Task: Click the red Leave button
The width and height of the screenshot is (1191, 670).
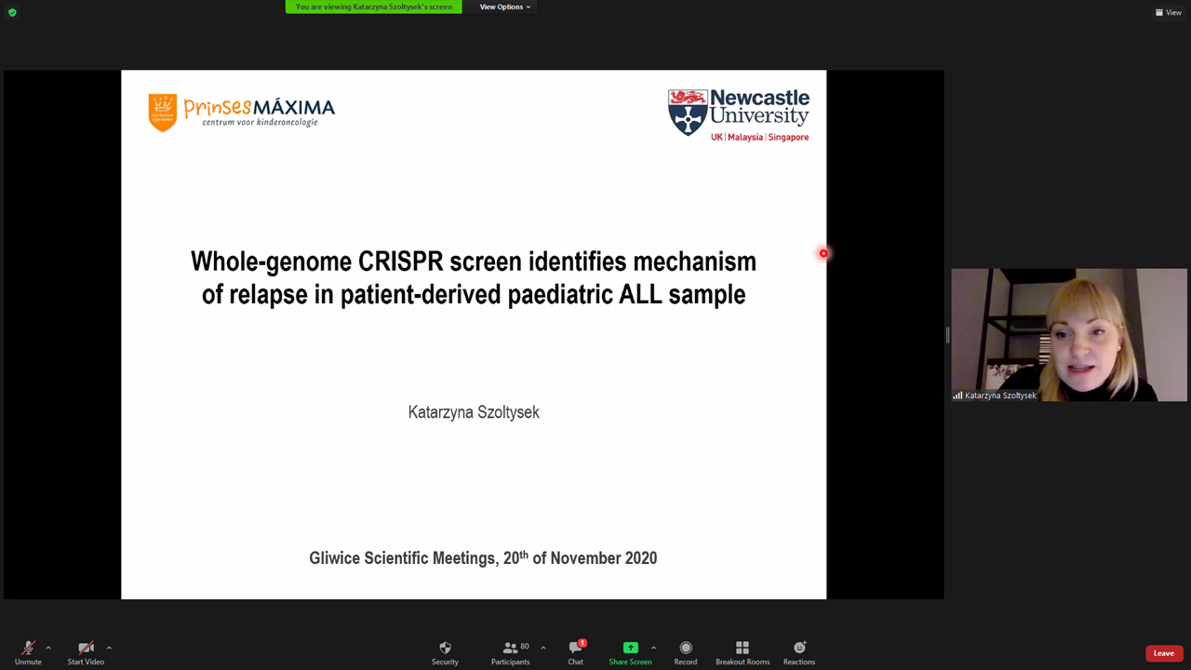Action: tap(1163, 653)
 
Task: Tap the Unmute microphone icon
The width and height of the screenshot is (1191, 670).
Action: tap(28, 648)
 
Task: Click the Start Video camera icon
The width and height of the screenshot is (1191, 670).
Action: tap(86, 648)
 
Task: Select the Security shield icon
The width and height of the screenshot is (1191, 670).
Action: tap(445, 647)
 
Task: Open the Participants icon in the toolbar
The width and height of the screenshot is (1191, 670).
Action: tap(510, 647)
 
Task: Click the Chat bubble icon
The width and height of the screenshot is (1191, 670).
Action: tap(575, 647)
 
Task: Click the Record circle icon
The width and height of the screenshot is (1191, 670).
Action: tap(686, 647)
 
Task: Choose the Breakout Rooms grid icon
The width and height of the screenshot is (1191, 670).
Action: tap(743, 647)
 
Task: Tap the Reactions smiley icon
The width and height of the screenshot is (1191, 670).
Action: tap(799, 647)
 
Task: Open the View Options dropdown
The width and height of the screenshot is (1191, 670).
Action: tap(504, 7)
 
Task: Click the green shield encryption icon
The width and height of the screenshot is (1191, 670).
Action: tap(13, 12)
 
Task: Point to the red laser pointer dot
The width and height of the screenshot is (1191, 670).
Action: tap(823, 254)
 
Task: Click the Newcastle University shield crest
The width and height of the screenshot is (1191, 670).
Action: tap(688, 113)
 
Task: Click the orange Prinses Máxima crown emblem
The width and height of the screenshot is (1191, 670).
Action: tap(163, 113)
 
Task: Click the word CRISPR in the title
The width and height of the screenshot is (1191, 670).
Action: tap(400, 261)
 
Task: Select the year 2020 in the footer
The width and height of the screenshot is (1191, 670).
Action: tap(641, 557)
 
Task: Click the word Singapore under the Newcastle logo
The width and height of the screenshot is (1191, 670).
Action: tap(788, 137)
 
